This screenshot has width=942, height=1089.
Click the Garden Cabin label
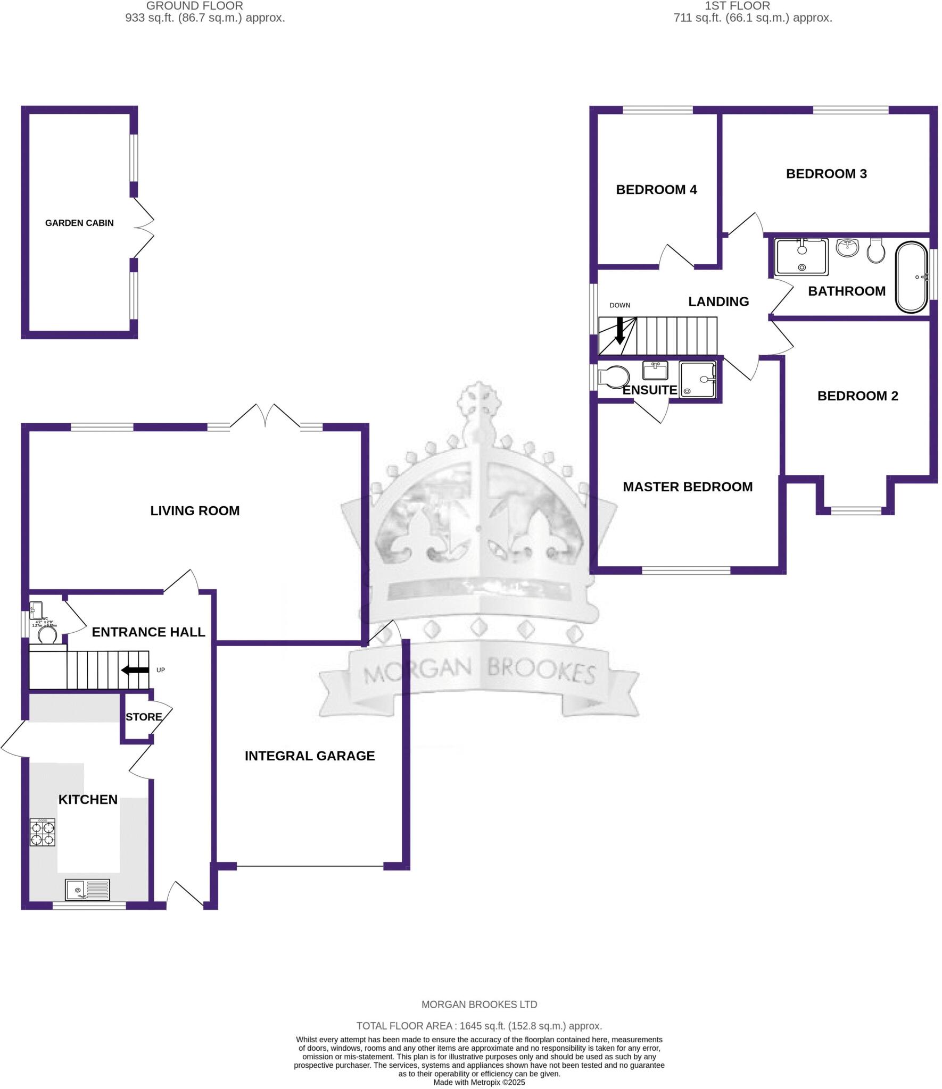click(x=79, y=223)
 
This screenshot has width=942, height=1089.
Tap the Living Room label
click(x=195, y=511)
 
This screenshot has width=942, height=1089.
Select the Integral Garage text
click(x=310, y=756)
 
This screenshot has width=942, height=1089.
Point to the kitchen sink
click(x=87, y=889)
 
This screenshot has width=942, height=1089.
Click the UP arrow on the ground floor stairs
click(x=135, y=670)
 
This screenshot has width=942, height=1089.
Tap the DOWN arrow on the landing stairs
click(x=619, y=331)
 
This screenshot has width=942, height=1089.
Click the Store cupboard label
click(x=144, y=717)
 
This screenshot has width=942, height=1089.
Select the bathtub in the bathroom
click(x=912, y=277)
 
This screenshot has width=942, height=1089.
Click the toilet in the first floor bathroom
click(x=875, y=250)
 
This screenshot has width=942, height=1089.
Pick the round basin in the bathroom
click(x=847, y=247)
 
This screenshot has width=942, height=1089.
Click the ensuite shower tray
click(x=698, y=380)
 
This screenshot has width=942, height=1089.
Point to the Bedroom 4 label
click(x=656, y=190)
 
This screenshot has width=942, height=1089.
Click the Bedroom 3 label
click(x=826, y=174)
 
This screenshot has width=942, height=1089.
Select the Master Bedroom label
click(x=688, y=487)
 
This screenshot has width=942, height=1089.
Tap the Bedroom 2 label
click(x=857, y=396)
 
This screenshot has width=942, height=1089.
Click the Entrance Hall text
click(x=148, y=632)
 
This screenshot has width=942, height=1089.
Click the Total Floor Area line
click(x=479, y=1026)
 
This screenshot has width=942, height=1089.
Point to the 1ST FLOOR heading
click(x=737, y=6)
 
